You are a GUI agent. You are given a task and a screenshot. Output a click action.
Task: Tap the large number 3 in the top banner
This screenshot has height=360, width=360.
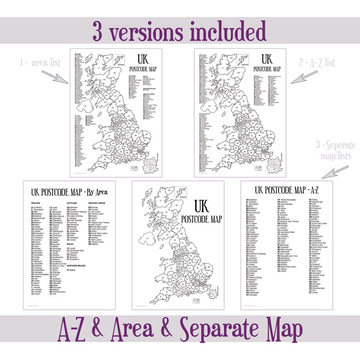click(100, 31)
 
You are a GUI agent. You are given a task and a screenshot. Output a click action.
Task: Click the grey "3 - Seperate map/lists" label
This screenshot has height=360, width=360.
click(336, 150)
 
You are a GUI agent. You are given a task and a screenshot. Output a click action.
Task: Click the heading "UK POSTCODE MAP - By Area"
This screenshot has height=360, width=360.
click(69, 191)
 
